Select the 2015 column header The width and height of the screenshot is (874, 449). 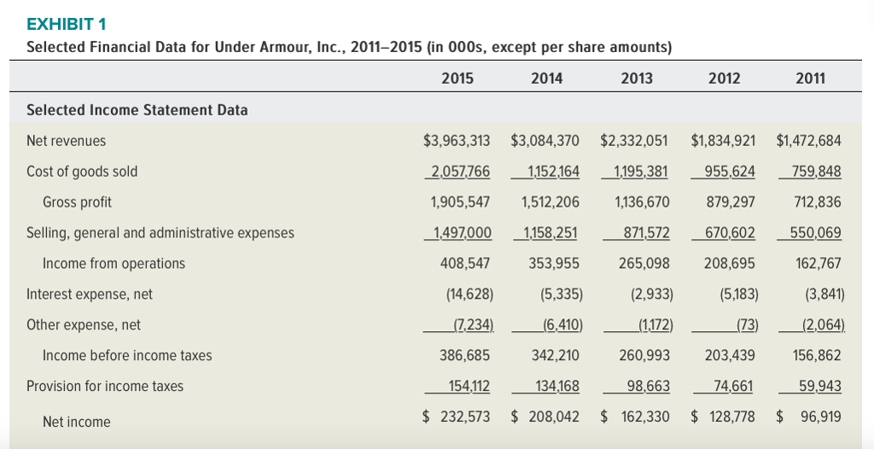tap(457, 79)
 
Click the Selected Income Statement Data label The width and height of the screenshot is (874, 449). tap(137, 110)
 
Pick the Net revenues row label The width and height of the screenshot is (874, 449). tap(67, 141)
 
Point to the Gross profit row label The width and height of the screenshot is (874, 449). tap(77, 202)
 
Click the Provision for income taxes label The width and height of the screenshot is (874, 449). tap(105, 386)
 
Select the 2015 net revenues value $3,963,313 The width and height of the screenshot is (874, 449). tap(457, 141)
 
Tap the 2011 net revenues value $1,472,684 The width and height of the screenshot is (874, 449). tap(809, 141)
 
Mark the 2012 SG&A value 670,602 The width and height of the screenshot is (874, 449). tap(730, 232)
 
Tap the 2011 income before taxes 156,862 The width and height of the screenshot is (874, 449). tap(818, 355)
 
